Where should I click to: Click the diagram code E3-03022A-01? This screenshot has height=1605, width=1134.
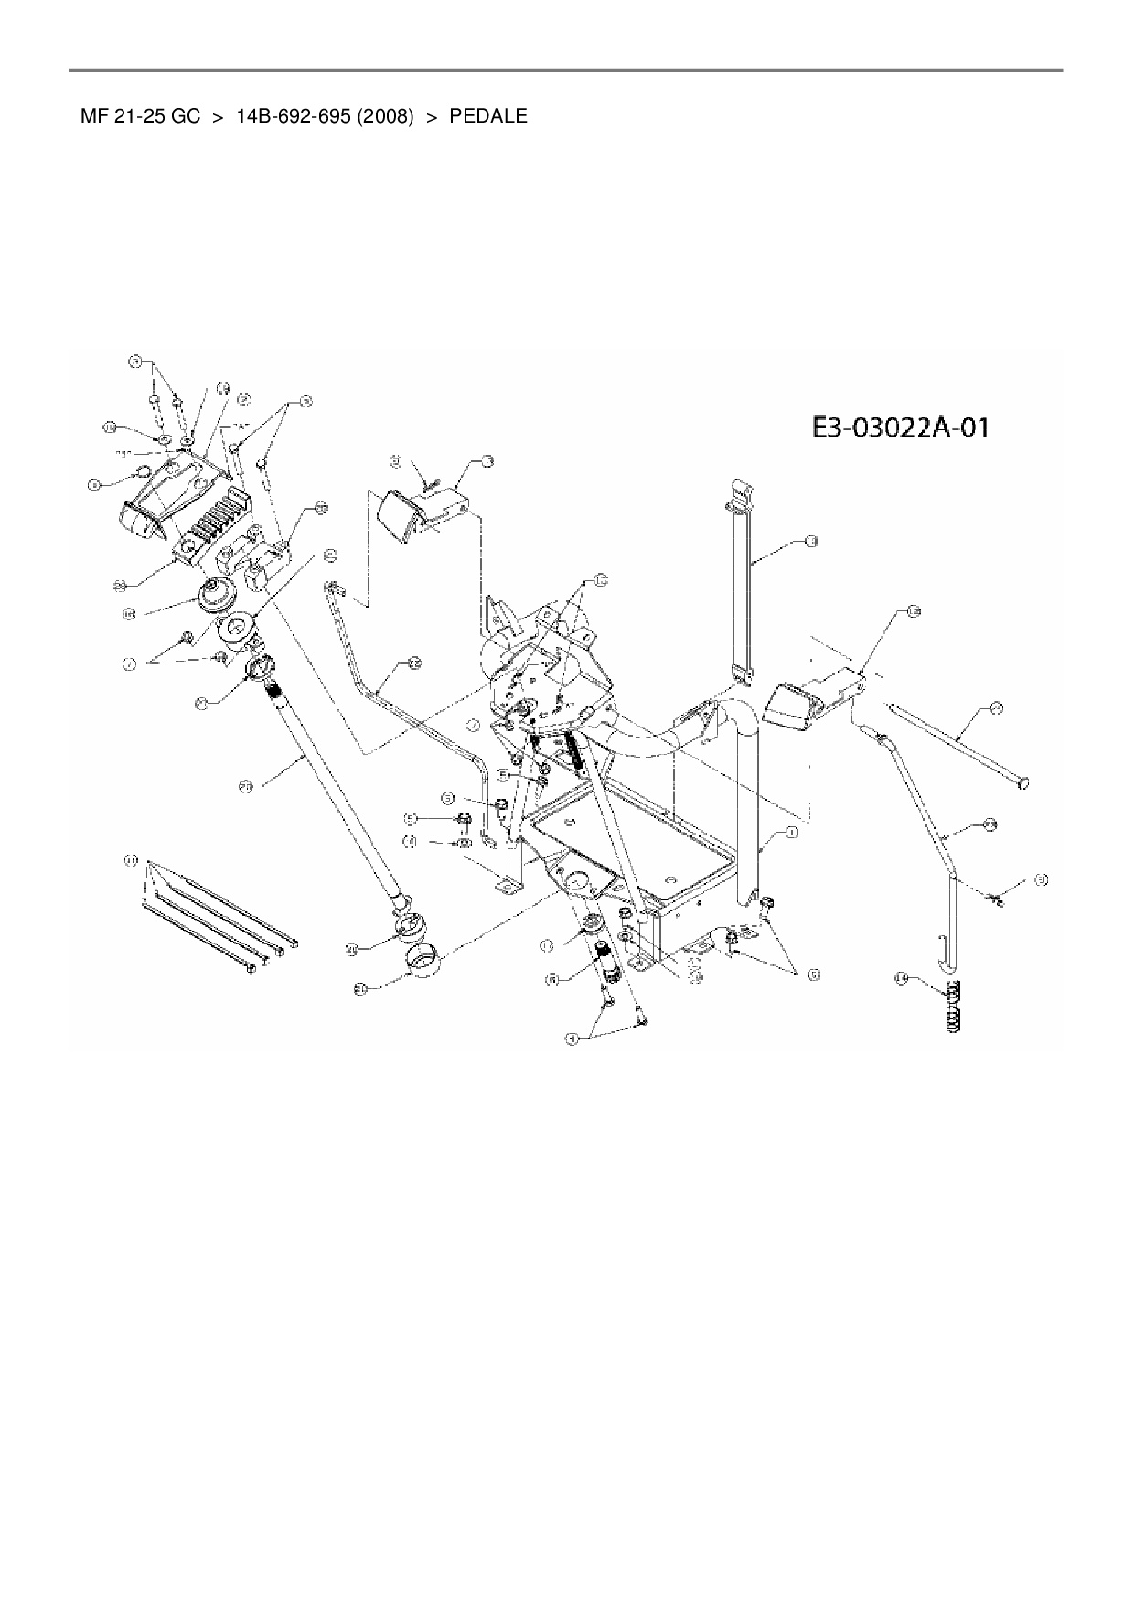click(900, 428)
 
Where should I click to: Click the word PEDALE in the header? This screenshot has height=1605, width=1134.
click(488, 117)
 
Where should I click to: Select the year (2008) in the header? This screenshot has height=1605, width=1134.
click(380, 117)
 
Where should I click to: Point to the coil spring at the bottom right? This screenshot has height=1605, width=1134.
click(953, 1007)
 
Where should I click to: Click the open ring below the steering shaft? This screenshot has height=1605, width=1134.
click(423, 964)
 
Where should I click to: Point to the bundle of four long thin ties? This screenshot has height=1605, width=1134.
click(219, 915)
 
